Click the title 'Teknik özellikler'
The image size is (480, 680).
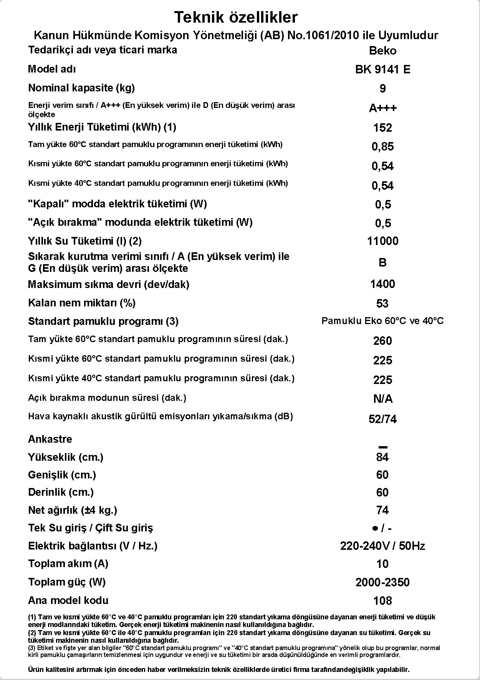tap(236, 18)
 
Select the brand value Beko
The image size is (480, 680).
tap(382, 51)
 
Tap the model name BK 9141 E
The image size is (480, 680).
tap(382, 69)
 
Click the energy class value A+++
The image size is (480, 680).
tap(382, 108)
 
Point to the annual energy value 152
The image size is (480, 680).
tap(382, 128)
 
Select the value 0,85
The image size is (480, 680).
tap(382, 147)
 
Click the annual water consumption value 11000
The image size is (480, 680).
tap(382, 241)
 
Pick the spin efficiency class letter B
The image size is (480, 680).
tap(382, 263)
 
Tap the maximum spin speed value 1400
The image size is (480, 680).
tap(382, 284)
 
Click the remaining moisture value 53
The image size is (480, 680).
tap(382, 304)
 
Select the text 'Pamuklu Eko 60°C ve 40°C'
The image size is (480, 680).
tap(382, 321)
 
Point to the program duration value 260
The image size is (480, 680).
tap(382, 341)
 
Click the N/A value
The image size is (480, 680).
tap(382, 399)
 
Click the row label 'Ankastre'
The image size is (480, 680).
tap(50, 439)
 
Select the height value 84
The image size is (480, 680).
tap(382, 457)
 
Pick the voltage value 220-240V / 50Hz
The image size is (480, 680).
tap(382, 546)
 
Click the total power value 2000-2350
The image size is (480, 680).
tap(382, 582)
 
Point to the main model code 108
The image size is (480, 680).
tap(382, 601)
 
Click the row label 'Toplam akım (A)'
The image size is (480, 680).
tap(68, 564)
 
